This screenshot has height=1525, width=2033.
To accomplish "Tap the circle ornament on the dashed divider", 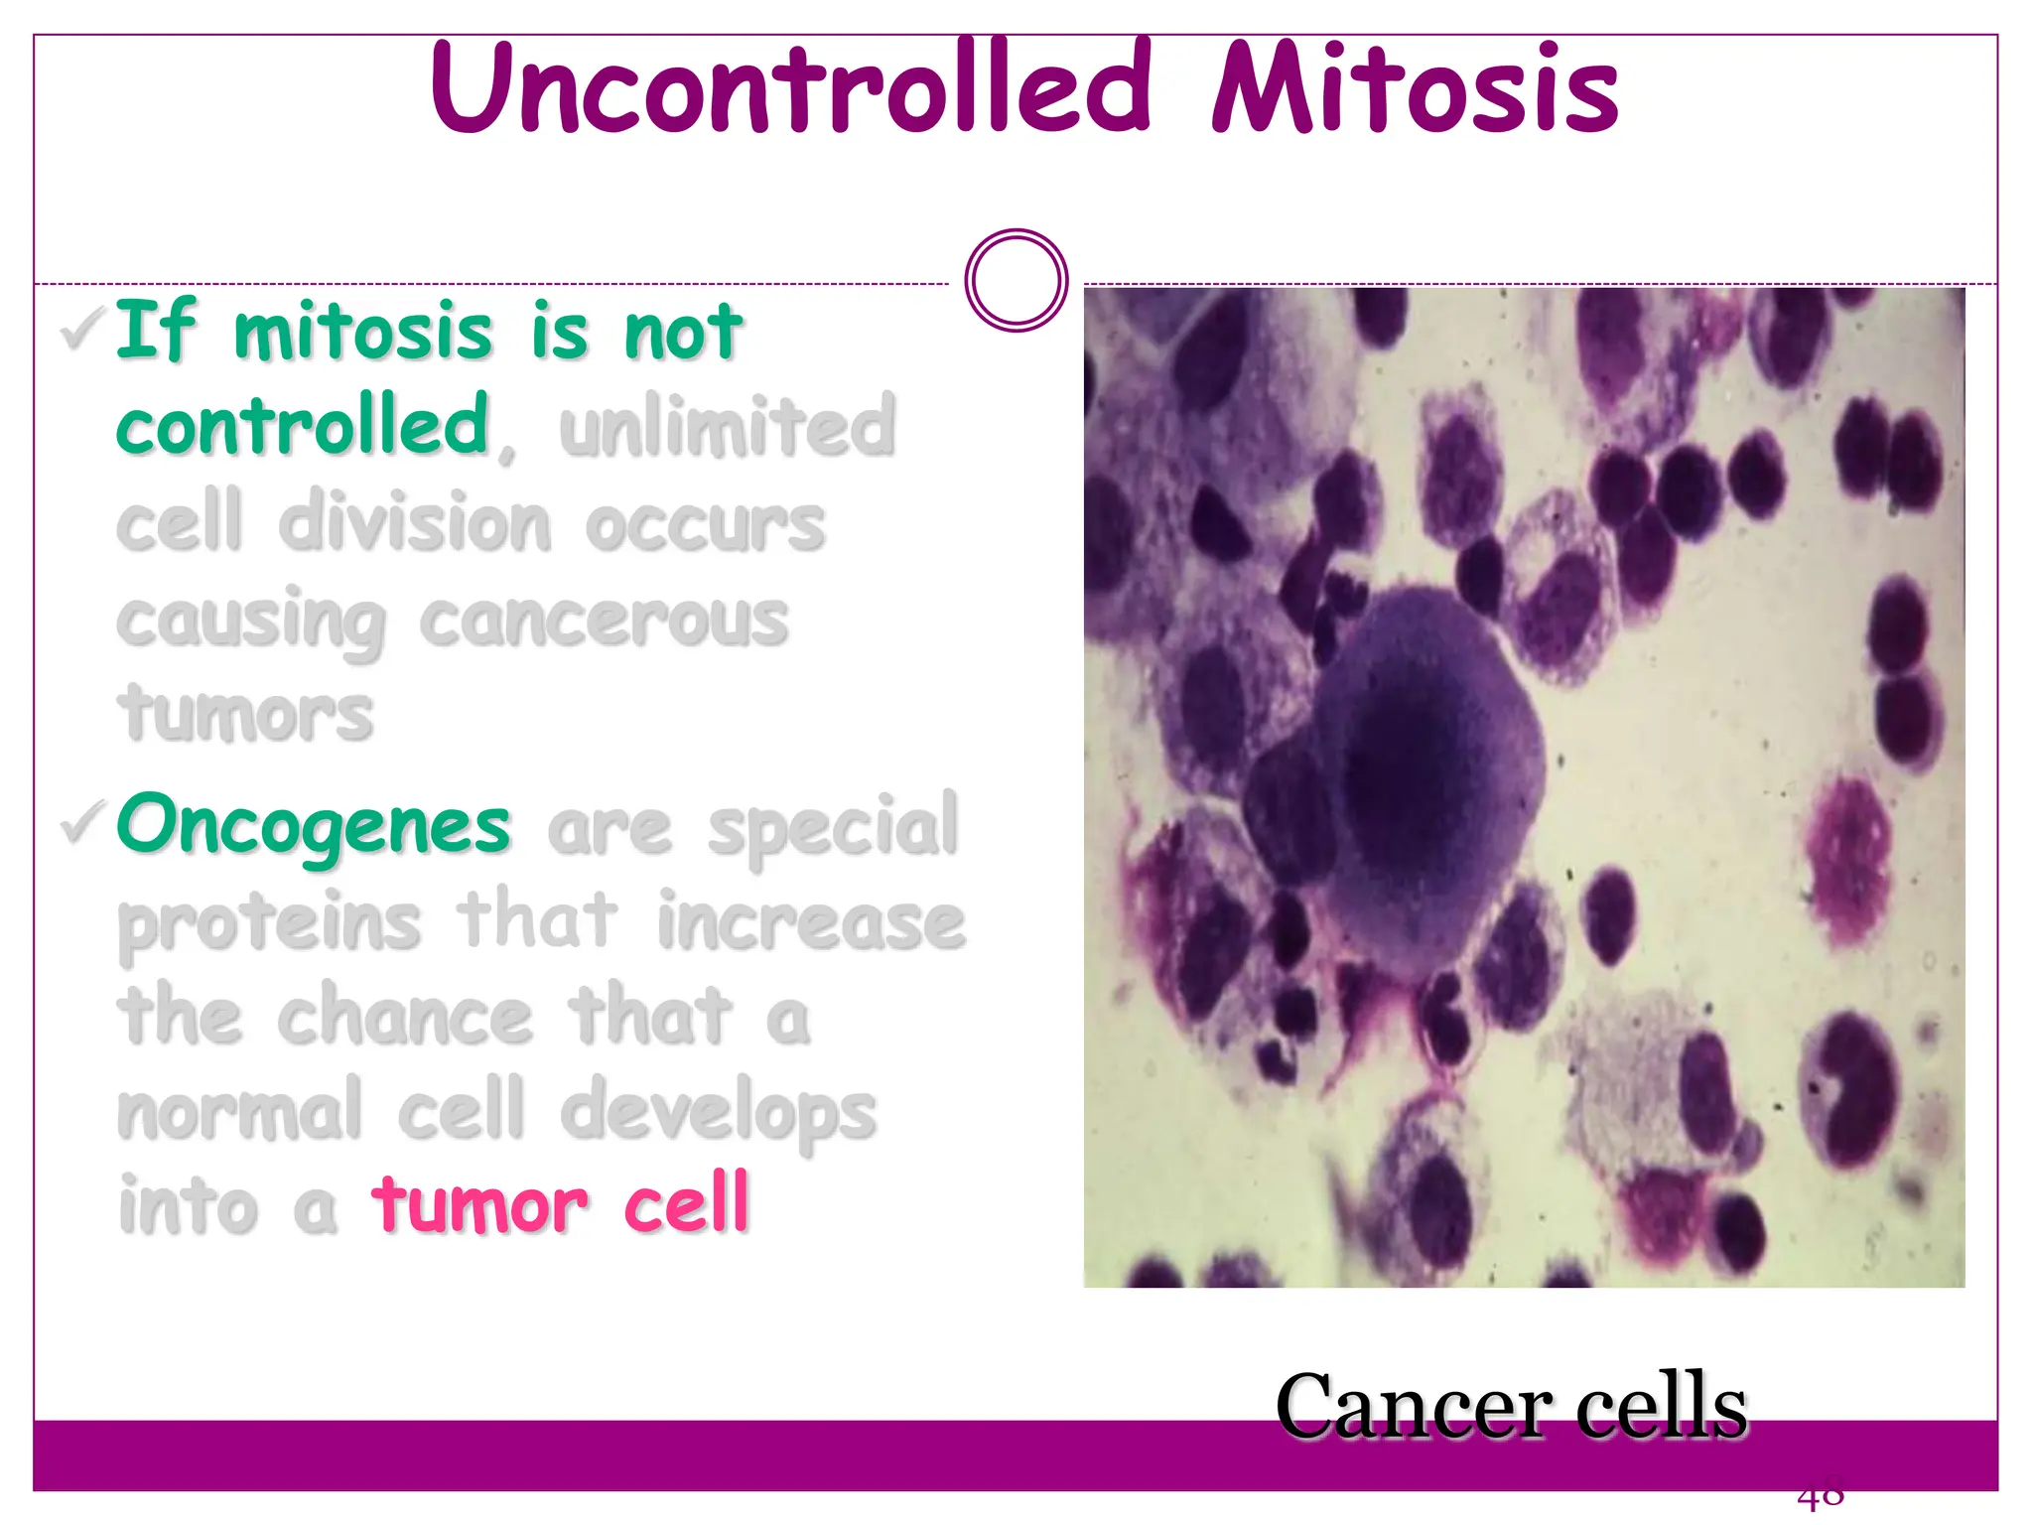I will click(1016, 281).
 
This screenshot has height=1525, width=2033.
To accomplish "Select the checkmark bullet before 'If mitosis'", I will click(83, 330).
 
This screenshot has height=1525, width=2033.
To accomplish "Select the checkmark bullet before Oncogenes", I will click(83, 822).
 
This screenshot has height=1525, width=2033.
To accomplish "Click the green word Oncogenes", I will click(314, 826).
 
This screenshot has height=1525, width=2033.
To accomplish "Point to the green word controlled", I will click(303, 425).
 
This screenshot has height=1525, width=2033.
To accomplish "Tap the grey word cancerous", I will click(604, 622).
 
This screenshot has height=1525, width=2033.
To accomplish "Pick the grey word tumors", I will click(245, 713).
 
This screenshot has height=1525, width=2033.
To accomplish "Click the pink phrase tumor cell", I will click(560, 1203).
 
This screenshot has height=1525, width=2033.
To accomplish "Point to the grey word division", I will click(415, 523).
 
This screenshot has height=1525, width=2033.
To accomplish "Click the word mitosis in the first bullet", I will click(362, 332).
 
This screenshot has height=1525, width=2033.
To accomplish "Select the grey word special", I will click(832, 826).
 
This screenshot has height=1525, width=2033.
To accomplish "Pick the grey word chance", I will click(405, 1017).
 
